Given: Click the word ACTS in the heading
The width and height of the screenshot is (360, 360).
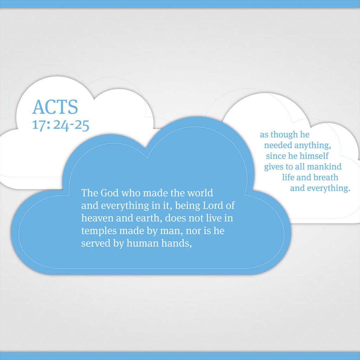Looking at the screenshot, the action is (x=55, y=107).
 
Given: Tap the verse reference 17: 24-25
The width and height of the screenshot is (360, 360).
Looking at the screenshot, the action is (x=60, y=126).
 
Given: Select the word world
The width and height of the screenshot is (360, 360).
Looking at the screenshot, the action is (x=200, y=193).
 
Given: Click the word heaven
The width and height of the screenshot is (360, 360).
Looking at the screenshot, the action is (x=97, y=218).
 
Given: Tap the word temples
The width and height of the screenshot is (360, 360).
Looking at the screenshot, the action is (x=99, y=231).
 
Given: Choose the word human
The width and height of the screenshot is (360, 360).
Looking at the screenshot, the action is (x=143, y=243).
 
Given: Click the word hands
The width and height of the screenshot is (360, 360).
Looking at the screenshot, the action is (x=176, y=243).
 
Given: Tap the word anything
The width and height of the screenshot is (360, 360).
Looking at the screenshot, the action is (x=313, y=145).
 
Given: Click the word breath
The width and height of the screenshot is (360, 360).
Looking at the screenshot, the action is (x=326, y=177).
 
